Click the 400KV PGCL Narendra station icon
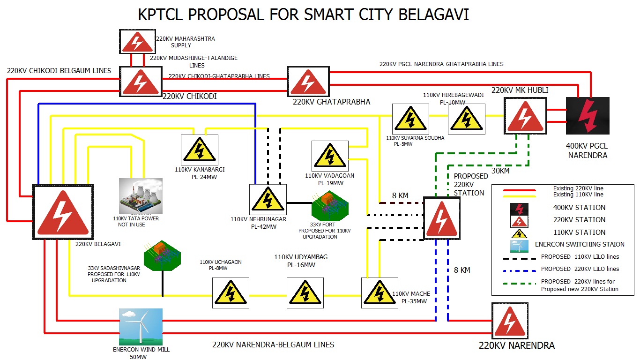(588, 116)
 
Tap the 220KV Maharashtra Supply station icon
(137, 42)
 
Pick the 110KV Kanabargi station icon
(200, 150)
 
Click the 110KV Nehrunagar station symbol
(268, 199)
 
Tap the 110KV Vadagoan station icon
(330, 156)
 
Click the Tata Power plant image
(141, 196)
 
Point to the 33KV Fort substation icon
(330, 207)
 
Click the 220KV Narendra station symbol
(510, 321)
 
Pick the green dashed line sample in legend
(519, 283)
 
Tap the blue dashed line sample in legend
(519, 270)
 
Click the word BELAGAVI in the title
(433, 15)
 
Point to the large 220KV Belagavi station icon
(63, 212)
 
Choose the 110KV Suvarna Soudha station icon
(410, 119)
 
